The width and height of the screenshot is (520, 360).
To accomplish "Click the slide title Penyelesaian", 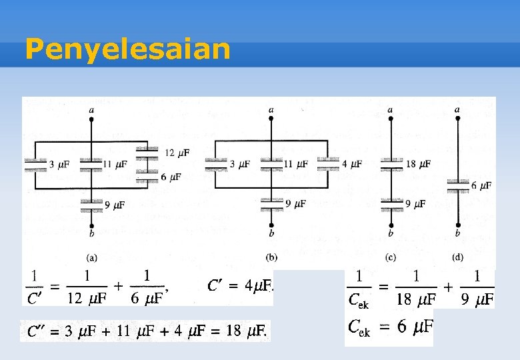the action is coord(127,49).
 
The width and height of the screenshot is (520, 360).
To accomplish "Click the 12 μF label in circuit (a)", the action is coord(177,153).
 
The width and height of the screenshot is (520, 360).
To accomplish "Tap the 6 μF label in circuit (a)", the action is coord(171,177).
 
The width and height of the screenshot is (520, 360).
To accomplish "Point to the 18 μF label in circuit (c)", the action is coord(418,163).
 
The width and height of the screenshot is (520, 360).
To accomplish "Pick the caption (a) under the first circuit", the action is coord(92,256).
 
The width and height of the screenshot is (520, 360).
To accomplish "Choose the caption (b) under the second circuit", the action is coord(271,256).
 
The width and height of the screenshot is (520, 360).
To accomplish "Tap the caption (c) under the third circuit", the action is coord(391,256).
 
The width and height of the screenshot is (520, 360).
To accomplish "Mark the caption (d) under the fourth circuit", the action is coord(457,256).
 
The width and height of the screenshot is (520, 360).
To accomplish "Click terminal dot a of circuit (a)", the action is coord(91,119).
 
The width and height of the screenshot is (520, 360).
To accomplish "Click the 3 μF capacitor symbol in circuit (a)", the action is coord(35,165).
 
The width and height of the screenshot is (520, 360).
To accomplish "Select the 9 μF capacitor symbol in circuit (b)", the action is coord(271,203).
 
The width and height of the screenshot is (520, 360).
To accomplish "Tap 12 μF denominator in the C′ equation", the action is coord(87,299).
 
